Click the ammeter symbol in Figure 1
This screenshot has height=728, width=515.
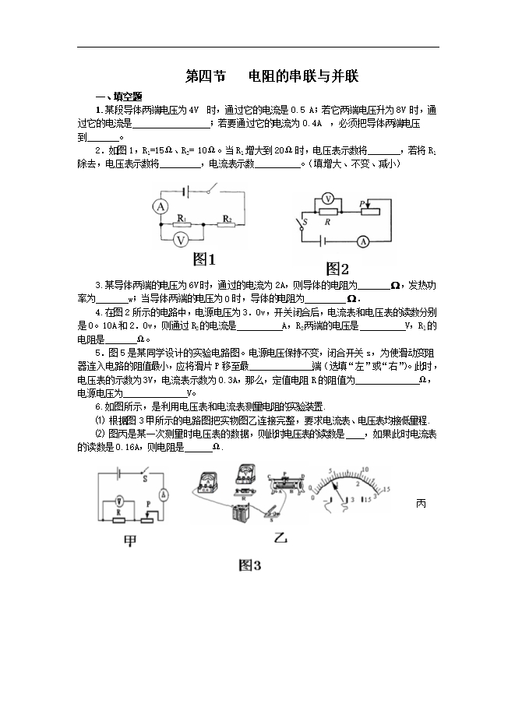coord(160,206)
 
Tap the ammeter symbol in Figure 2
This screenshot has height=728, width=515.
coord(362,242)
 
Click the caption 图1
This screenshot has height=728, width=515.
coord(203,259)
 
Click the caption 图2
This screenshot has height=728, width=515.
coord(337,269)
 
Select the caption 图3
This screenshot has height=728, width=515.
coord(249,565)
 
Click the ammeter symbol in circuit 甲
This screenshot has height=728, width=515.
coord(164,494)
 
